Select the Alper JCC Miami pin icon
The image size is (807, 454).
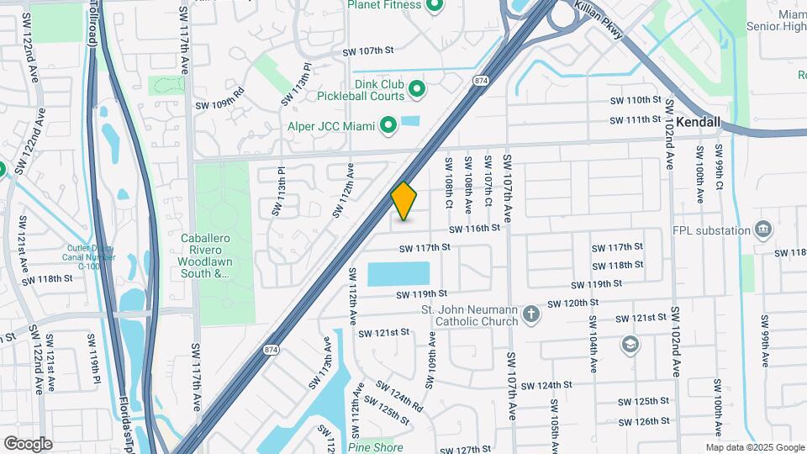click(x=388, y=126)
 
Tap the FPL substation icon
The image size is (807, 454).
click(x=762, y=229)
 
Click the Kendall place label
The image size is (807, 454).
click(x=699, y=122)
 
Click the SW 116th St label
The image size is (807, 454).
click(x=474, y=228)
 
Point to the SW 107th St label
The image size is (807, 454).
click(x=368, y=51)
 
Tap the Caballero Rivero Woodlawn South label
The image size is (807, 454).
click(x=205, y=256)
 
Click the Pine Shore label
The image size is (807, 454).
click(x=376, y=447)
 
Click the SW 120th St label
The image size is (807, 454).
click(x=572, y=303)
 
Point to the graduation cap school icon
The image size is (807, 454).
click(x=630, y=345)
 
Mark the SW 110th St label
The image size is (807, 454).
click(x=637, y=100)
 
